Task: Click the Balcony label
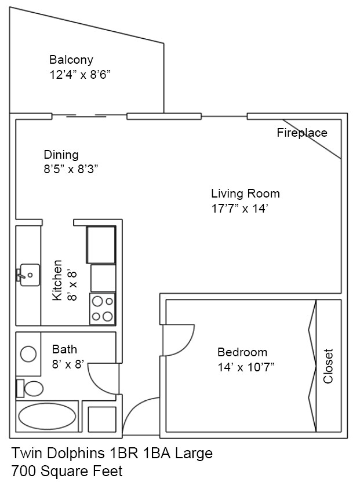click(71, 60)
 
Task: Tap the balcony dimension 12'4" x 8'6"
click(79, 75)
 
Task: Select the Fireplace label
click(301, 133)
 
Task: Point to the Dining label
click(61, 155)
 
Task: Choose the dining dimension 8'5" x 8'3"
click(71, 169)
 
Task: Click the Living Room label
click(245, 193)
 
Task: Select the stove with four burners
click(103, 308)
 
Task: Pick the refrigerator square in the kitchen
click(101, 244)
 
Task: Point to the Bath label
click(64, 349)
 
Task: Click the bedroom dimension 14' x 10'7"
click(245, 367)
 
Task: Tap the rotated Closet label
click(329, 366)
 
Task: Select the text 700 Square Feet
click(67, 471)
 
